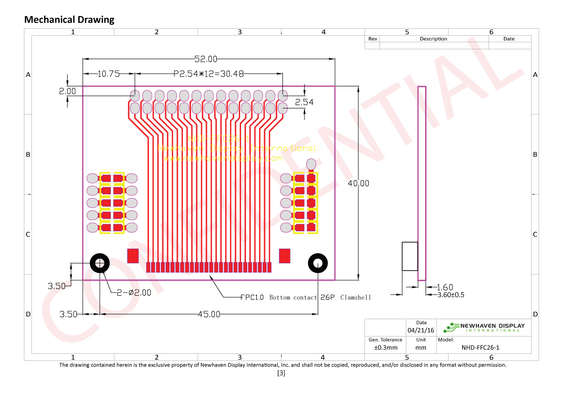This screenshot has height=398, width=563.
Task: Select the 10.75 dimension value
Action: (x=109, y=74)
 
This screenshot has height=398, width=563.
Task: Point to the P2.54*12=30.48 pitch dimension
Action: (x=209, y=74)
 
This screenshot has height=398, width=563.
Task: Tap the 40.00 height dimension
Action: (x=358, y=184)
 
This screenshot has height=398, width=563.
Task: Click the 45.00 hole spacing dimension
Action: (x=209, y=314)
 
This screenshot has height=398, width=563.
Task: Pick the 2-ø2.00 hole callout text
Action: (x=134, y=292)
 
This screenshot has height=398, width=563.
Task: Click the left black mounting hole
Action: (x=99, y=263)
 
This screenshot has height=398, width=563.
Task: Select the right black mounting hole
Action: (x=318, y=263)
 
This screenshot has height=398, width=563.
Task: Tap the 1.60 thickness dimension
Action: (x=445, y=287)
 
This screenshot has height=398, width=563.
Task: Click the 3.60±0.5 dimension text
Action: (x=450, y=295)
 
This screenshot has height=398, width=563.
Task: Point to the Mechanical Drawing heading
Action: (x=69, y=20)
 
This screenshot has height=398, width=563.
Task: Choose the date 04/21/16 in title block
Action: (x=421, y=330)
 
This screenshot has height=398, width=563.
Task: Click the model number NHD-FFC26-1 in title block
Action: (x=480, y=348)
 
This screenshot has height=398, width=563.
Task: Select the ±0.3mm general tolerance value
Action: (x=385, y=348)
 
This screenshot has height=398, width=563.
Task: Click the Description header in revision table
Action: (x=433, y=39)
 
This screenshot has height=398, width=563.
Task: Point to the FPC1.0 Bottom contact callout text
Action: (x=305, y=298)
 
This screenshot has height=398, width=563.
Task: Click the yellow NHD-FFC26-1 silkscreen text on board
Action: (x=218, y=139)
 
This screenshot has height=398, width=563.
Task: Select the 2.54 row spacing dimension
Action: (x=304, y=102)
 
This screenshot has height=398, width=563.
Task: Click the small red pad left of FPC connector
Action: (x=133, y=256)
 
